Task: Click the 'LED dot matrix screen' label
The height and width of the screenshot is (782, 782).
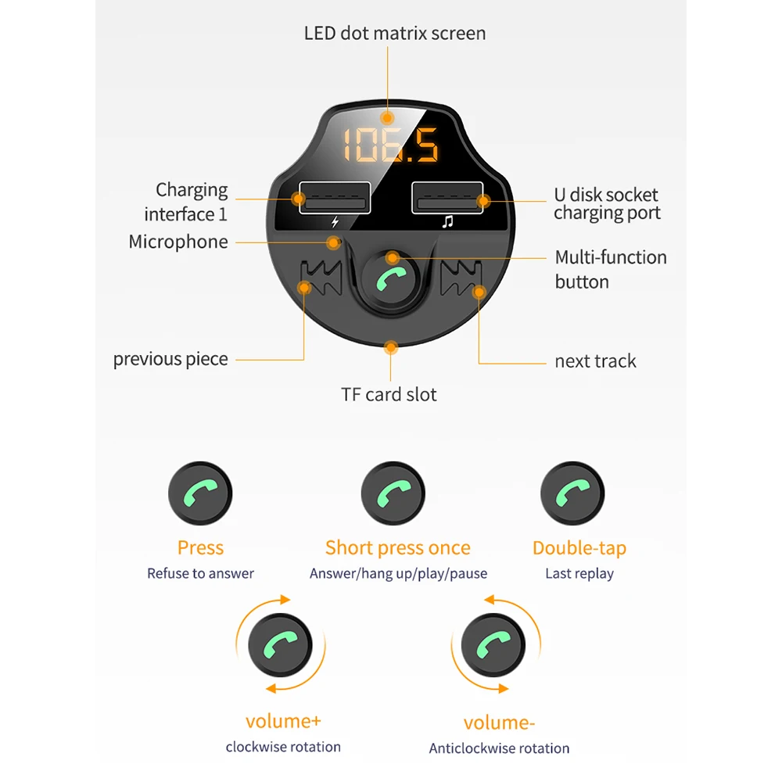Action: (394, 34)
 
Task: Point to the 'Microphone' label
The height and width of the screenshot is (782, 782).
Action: (178, 242)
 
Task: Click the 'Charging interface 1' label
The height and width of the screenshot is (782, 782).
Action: (187, 202)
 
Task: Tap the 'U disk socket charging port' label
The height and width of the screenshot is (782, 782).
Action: (606, 204)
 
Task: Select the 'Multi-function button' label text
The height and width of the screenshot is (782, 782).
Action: (610, 269)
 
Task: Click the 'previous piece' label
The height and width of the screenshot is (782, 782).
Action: (170, 360)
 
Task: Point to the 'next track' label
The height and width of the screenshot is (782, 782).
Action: (595, 361)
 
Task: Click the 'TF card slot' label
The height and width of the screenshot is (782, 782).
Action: (389, 395)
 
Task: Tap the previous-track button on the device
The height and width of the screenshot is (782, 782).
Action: (321, 280)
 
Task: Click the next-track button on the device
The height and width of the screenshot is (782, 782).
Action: (462, 280)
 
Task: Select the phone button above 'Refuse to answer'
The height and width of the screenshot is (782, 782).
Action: (200, 494)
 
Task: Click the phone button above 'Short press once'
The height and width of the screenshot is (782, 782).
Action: (393, 494)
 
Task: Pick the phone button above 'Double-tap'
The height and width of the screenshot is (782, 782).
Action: (572, 494)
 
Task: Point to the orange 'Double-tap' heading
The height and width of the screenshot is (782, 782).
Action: (579, 548)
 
